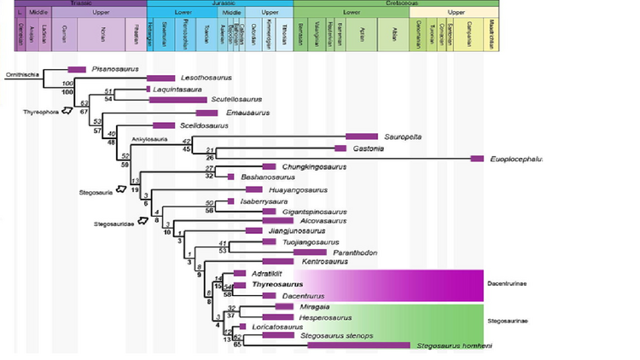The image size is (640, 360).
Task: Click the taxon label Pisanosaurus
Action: click(115, 68)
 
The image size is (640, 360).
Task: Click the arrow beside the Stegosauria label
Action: click(121, 190)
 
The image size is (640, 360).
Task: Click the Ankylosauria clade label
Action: click(147, 137)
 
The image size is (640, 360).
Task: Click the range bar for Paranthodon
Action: click(310, 252)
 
